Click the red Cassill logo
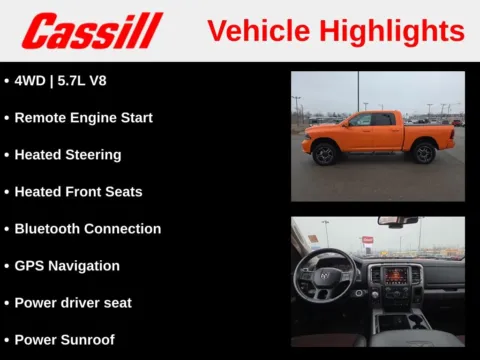pyautogui.click(x=92, y=31)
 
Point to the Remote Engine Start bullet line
pyautogui.click(x=83, y=117)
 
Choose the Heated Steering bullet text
pyautogui.click(x=67, y=154)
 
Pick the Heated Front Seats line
pyautogui.click(x=78, y=191)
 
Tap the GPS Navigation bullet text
pyautogui.click(x=67, y=265)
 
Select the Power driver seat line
pyautogui.click(x=72, y=302)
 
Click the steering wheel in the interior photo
pyautogui.click(x=325, y=274)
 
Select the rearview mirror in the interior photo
pyautogui.click(x=397, y=221)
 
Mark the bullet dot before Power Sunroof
pyautogui.click(x=7, y=339)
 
